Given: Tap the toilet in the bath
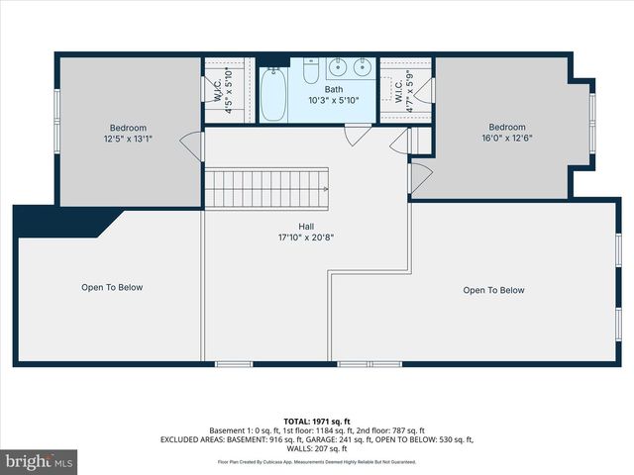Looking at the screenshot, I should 311,73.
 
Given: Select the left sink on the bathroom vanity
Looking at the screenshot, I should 337,68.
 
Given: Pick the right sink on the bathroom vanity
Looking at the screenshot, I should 361,68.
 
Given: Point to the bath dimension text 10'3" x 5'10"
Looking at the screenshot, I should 334,100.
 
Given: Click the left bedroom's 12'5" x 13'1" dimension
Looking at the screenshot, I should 128,140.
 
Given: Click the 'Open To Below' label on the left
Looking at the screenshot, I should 112,288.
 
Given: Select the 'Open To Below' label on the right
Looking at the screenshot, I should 493,290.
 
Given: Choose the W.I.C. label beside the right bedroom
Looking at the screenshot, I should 399,92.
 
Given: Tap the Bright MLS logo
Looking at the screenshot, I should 40,460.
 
